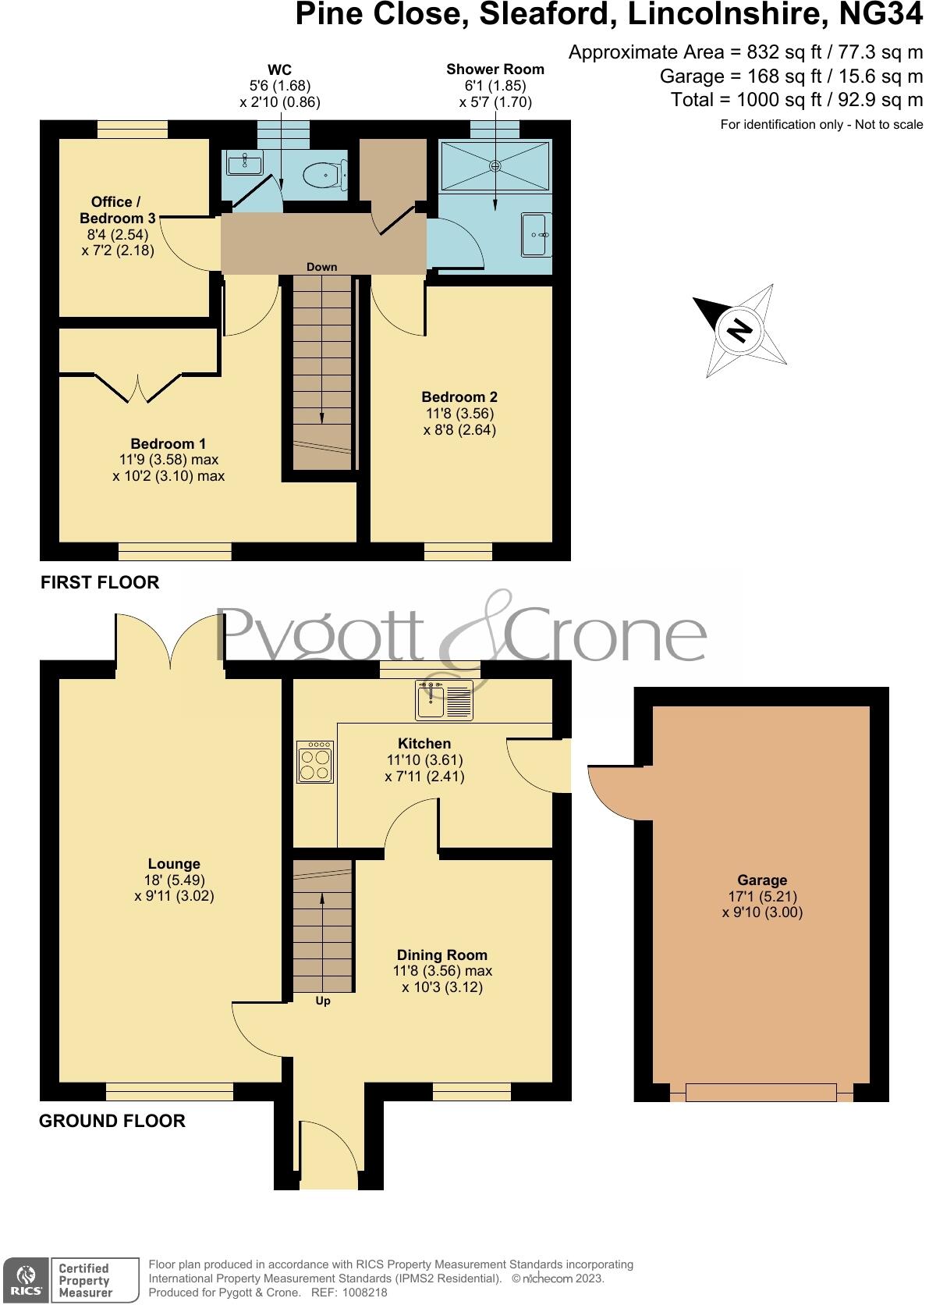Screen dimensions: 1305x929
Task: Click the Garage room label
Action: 762,880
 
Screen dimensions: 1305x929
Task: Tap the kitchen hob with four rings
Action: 315,762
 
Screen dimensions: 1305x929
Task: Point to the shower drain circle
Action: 495,165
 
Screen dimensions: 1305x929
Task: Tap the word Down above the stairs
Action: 321,267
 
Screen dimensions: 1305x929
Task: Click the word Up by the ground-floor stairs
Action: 323,1001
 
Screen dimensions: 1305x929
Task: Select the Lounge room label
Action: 174,863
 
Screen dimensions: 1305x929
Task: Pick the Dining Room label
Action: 441,955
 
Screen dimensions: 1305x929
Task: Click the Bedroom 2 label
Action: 459,396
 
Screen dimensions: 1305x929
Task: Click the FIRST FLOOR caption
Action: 100,582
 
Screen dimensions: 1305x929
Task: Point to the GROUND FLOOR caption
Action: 112,1121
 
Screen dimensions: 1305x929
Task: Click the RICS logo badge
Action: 25,1280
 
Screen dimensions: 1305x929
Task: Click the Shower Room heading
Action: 495,69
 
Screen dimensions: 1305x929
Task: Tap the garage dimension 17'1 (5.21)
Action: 762,897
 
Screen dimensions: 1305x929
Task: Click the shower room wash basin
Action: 537,234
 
